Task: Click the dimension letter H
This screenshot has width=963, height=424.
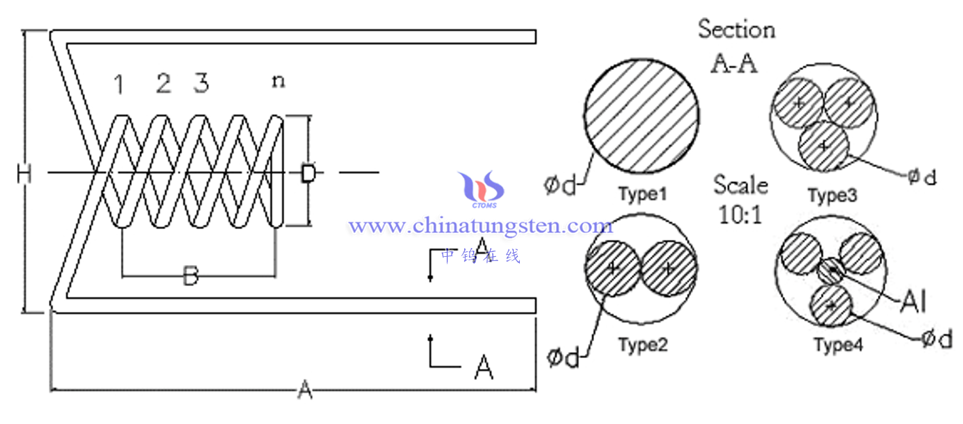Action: (24, 175)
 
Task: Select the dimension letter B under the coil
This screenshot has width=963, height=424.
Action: (192, 276)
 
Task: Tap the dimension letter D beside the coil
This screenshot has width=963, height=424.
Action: (309, 174)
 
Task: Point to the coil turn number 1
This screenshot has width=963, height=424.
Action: (120, 85)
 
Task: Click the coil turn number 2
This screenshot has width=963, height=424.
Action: (163, 84)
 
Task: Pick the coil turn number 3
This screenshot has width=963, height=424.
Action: (201, 83)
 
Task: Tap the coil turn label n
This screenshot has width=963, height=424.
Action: (278, 81)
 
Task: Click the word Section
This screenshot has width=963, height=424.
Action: (737, 30)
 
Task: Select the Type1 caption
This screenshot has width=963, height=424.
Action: (643, 194)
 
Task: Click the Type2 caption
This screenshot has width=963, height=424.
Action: (643, 345)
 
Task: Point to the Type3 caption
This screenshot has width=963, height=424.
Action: (832, 196)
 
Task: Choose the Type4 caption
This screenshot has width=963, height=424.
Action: (838, 345)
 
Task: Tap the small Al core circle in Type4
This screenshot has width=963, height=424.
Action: (830, 271)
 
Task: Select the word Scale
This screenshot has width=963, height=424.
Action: (741, 185)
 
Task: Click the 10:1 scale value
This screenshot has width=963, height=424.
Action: (741, 214)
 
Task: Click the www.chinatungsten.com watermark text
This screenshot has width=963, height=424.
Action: (481, 225)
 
